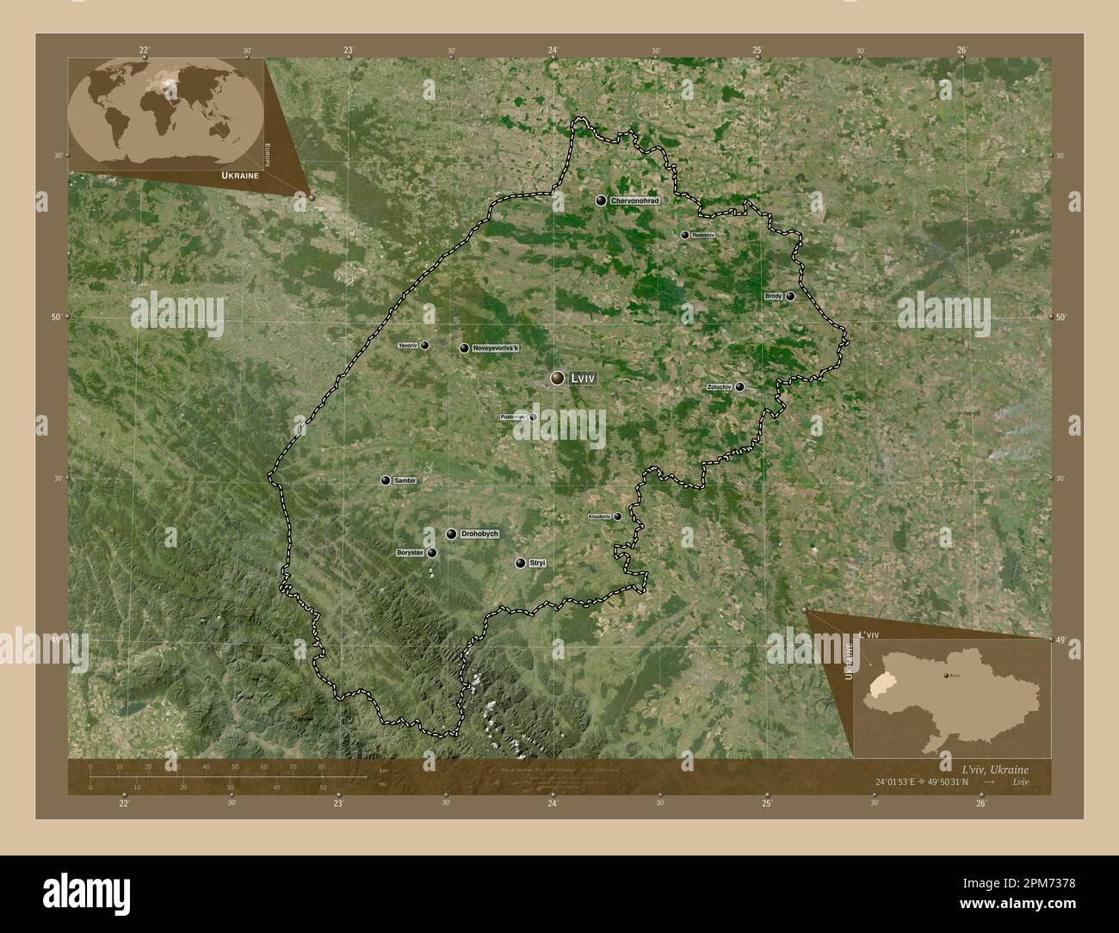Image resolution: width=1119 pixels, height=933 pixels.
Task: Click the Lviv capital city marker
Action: [x=558, y=378]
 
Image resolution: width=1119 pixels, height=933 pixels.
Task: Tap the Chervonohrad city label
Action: [x=634, y=201]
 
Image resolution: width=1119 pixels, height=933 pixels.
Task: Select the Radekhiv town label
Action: [x=703, y=235]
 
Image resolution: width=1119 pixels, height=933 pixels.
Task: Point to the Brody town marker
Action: [x=790, y=296]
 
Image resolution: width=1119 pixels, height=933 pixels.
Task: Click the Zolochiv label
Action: [x=719, y=387]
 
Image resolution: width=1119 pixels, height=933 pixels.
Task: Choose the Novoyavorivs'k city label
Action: [x=497, y=349]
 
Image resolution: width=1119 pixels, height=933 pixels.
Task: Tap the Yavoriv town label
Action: [x=408, y=346]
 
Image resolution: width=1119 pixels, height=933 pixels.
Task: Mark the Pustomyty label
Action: [x=513, y=417]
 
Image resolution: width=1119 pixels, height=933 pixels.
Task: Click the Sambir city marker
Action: [x=386, y=480]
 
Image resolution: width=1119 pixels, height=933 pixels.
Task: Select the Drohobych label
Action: [x=479, y=534]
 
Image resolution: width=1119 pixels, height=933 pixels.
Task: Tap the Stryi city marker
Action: [x=520, y=563]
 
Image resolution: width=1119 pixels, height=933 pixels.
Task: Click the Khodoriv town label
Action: [x=599, y=516]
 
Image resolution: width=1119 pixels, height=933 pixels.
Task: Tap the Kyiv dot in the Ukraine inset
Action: [x=948, y=677]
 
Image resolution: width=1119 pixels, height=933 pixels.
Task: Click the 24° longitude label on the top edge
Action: [x=553, y=51]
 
